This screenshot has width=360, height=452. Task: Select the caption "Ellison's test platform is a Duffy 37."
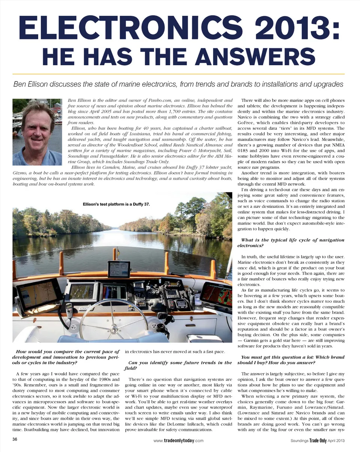(116, 204)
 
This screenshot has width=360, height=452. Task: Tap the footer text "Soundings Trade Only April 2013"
(317, 440)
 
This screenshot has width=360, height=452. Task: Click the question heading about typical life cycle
(291, 243)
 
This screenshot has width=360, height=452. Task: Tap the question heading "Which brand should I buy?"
(291, 360)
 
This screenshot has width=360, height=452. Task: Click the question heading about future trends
(180, 365)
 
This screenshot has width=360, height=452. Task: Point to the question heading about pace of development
(66, 357)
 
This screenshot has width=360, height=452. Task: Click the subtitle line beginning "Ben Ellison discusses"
(178, 84)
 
